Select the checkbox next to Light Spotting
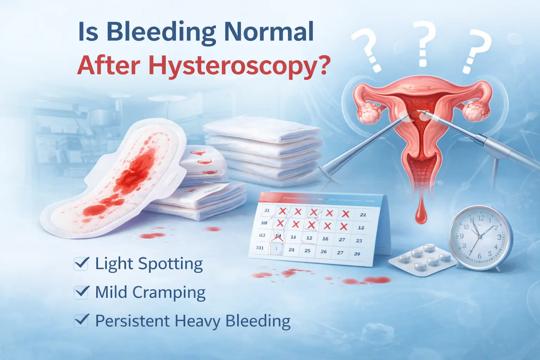pos(81,263)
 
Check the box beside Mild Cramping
pos(81,292)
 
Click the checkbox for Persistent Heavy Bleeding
pos(81,320)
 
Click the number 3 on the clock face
pos(499,237)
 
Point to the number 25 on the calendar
pos(307,251)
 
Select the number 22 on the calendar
pos(363,214)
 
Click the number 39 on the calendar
pos(357,254)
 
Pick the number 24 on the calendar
pos(291,250)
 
